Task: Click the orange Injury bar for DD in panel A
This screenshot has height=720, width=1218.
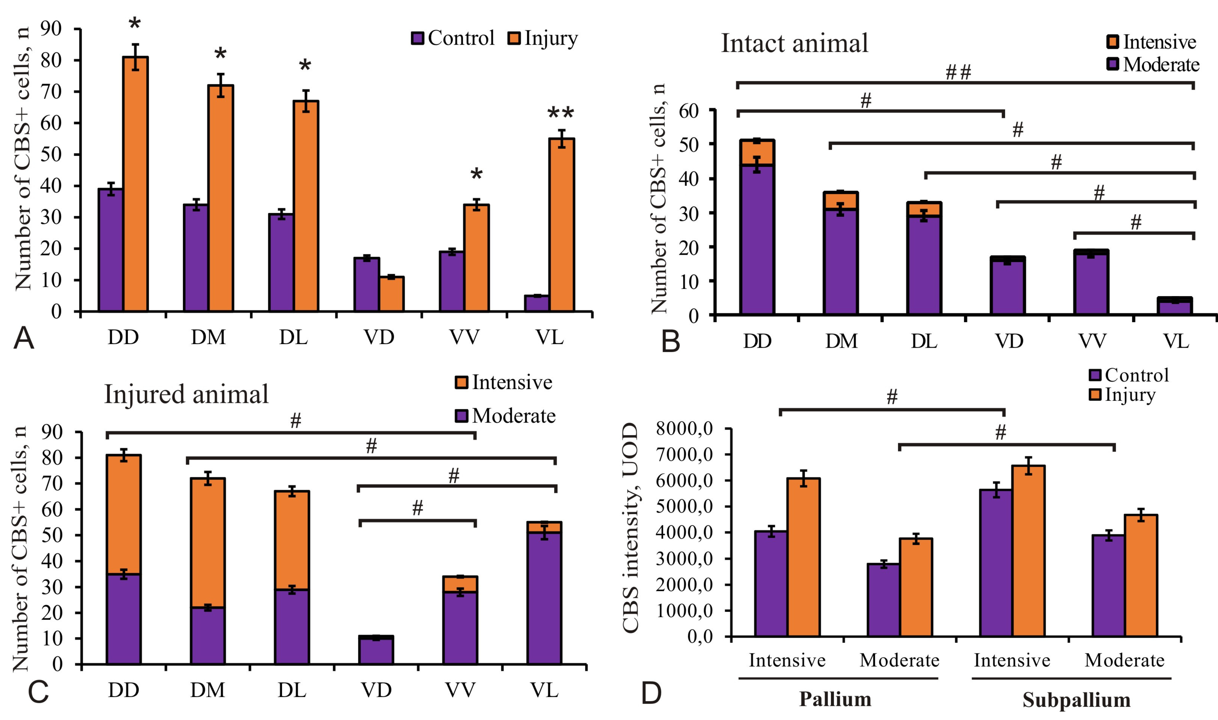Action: pyautogui.click(x=135, y=184)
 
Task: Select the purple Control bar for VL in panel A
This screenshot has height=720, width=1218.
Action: pyautogui.click(x=537, y=303)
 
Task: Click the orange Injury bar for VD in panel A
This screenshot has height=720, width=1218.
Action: pyautogui.click(x=392, y=294)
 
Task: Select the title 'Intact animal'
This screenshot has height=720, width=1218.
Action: pyautogui.click(x=794, y=44)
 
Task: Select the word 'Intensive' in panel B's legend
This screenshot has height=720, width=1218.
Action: pyautogui.click(x=1159, y=42)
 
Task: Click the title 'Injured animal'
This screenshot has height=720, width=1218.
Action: pyautogui.click(x=186, y=394)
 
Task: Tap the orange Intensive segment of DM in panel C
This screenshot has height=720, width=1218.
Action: pyautogui.click(x=208, y=542)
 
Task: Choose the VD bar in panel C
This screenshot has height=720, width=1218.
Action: pyautogui.click(x=376, y=650)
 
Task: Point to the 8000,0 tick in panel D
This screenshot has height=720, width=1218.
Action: pyautogui.click(x=685, y=429)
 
